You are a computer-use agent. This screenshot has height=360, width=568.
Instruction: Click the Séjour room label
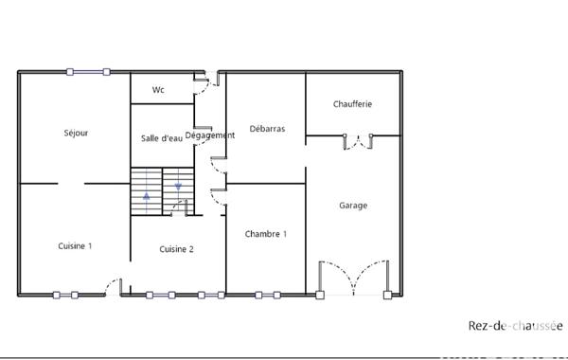coord(76,134)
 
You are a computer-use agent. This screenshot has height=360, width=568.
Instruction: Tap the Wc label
coord(159,90)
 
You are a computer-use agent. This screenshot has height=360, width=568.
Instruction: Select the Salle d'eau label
coord(161,138)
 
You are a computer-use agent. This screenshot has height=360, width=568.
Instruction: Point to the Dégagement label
coord(209,135)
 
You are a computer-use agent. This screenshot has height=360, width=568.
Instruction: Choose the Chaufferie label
coord(352,103)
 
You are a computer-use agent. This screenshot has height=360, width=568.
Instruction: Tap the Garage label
coord(353,205)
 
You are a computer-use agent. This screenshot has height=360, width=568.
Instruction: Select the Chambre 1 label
coord(265,234)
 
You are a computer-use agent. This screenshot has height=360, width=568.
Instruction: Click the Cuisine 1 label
coord(75,245)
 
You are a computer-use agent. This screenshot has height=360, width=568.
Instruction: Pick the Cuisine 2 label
coord(177,249)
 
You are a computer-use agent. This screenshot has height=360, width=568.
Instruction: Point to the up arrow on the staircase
coord(147,197)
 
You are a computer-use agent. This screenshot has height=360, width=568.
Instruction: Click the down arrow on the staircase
coord(178,185)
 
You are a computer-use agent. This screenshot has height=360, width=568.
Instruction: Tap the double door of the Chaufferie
coord(357,142)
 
